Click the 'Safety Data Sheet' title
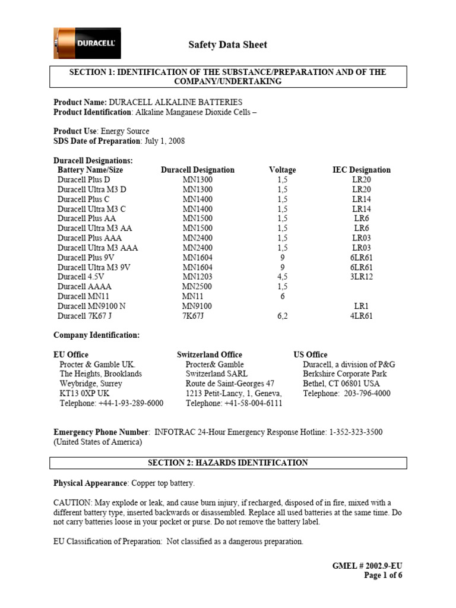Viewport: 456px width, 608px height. (x=227, y=45)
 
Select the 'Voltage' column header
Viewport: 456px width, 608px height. (x=282, y=170)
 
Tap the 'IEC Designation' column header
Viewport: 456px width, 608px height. (x=362, y=170)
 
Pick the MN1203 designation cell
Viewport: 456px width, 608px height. (x=198, y=277)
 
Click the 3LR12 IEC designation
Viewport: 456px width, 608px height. (x=362, y=277)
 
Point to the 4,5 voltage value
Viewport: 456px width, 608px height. (x=282, y=277)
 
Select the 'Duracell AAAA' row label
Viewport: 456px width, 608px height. (x=84, y=286)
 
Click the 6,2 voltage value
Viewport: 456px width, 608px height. (x=282, y=315)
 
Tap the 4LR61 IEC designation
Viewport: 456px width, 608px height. (x=362, y=315)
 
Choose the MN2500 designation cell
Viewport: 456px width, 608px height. (x=198, y=286)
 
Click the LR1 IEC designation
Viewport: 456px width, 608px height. (x=362, y=306)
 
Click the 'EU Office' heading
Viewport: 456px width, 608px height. (x=71, y=354)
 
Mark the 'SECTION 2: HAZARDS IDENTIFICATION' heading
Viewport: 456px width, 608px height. (x=227, y=463)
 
